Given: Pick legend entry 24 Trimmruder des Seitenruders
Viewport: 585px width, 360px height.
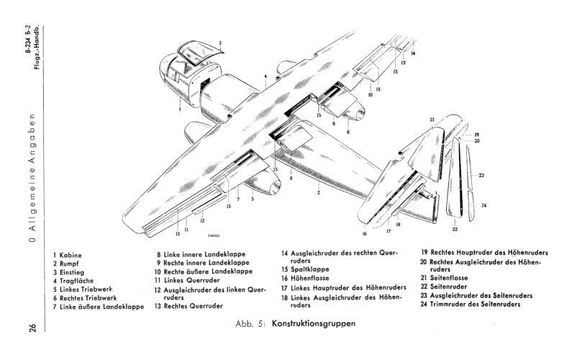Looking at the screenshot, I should click(x=477, y=304).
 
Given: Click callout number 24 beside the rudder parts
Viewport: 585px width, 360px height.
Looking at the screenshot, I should click(x=484, y=206).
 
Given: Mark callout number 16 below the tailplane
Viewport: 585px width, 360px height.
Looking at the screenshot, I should click(x=365, y=234).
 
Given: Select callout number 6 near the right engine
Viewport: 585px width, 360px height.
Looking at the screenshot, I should click(x=347, y=132).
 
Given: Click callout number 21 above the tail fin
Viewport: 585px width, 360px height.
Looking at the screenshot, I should click(x=432, y=119).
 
